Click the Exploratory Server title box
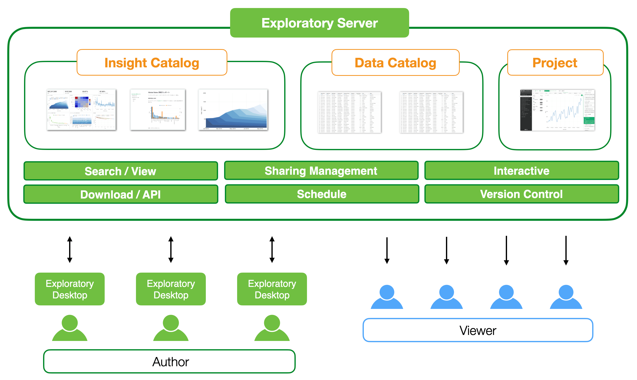(319, 23)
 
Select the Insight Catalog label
(152, 63)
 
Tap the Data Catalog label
(395, 63)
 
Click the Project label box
(555, 63)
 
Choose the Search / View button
(120, 171)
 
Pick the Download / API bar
(120, 194)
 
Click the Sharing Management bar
(321, 171)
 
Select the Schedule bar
(322, 194)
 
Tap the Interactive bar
(522, 171)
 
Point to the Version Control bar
(522, 194)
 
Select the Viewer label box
(478, 330)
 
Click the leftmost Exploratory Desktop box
(70, 289)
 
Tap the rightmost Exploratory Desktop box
(272, 289)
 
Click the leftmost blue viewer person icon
(387, 297)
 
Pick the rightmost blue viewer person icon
(566, 297)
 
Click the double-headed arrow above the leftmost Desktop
(70, 250)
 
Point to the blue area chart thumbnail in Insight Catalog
(233, 110)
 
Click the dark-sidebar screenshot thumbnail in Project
(557, 110)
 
